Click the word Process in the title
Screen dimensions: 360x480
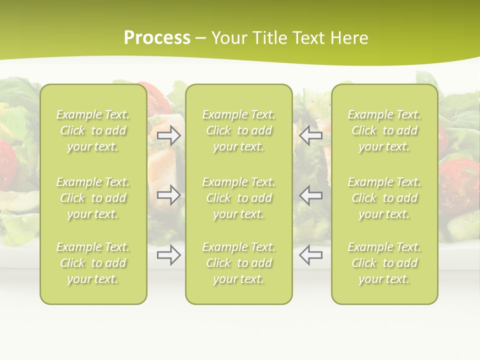point(157,38)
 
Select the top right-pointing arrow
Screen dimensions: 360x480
point(169,135)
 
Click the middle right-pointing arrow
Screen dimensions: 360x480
point(169,195)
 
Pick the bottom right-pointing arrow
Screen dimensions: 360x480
point(169,255)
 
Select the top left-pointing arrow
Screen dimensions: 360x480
point(310,135)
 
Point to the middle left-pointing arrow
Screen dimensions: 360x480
point(310,195)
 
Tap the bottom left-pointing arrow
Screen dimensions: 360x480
point(310,255)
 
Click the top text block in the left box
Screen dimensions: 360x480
point(93,130)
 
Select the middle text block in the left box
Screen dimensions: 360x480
point(93,198)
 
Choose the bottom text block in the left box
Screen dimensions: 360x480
point(93,263)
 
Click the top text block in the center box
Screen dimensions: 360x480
point(238,130)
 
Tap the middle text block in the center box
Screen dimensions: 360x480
point(238,198)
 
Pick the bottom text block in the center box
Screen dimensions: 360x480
point(238,263)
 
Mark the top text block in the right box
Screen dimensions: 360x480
point(384,130)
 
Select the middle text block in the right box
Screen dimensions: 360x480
point(384,198)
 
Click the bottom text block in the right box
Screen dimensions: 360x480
point(384,263)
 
